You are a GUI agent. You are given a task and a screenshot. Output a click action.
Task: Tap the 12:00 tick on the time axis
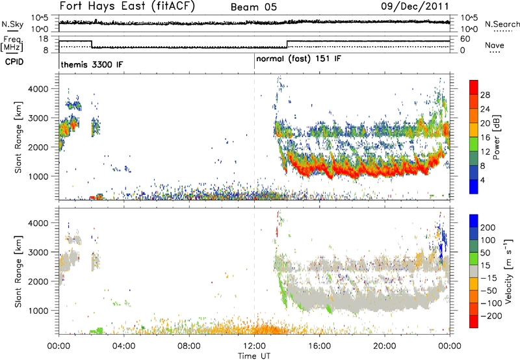point(254,344)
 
